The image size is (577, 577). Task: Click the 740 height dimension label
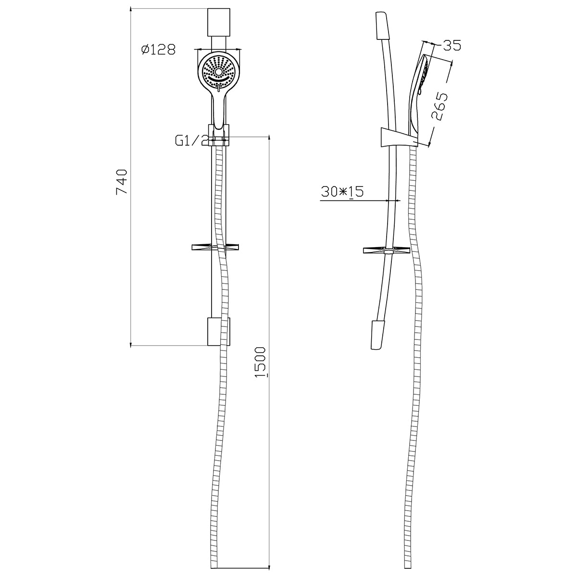[x=122, y=182]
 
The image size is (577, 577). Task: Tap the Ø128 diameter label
[x=158, y=50]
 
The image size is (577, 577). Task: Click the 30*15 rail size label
[x=342, y=191]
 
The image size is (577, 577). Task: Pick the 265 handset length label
[x=440, y=106]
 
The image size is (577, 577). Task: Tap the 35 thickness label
[x=452, y=45]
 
